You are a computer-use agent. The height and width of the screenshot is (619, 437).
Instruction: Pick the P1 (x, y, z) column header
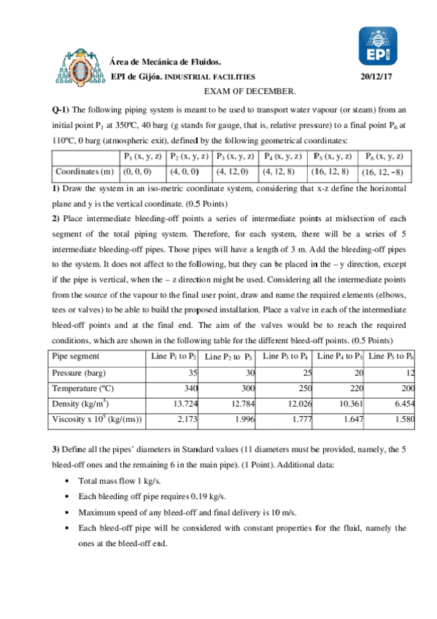pyautogui.click(x=143, y=156)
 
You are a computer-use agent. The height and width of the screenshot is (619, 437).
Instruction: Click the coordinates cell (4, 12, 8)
pyautogui.click(x=279, y=172)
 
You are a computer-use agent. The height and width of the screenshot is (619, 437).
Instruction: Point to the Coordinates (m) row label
pyautogui.click(x=84, y=172)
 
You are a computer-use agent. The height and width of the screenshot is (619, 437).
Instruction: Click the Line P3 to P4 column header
pyautogui.click(x=284, y=355)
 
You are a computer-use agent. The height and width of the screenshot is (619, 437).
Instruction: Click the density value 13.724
pyautogui.click(x=185, y=404)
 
